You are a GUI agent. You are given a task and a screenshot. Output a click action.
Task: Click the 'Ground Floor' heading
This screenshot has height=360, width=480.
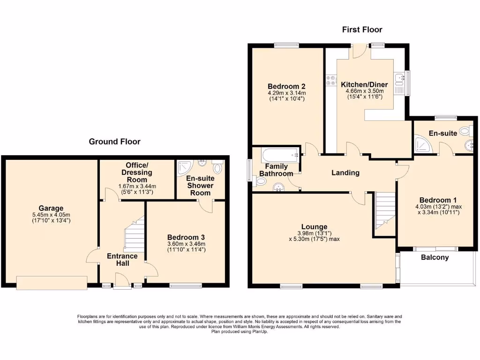coord(115,141)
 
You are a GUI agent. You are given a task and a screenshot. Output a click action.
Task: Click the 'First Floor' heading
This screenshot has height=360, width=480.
coord(362,30)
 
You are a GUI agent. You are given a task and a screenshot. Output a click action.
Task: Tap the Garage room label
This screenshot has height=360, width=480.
coord(51,208)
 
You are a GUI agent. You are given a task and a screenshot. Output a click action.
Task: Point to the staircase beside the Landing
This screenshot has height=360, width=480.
coord(385,213)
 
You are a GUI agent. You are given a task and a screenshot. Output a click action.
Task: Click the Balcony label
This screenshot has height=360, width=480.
coord(435,257)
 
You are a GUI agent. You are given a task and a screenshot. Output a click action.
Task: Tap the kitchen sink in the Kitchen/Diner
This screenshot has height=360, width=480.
coord(399,84)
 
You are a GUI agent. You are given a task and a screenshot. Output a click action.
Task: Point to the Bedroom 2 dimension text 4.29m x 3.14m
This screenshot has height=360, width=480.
coord(286,93)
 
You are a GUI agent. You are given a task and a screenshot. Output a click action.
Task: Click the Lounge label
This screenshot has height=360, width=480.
coord(315,226)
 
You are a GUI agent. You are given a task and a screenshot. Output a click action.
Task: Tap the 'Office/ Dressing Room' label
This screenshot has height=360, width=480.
coord(137,172)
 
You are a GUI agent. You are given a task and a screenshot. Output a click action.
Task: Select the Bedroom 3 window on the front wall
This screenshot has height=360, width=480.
coord(186,285)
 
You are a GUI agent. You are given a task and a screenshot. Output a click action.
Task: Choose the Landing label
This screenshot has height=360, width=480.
coord(345,172)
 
